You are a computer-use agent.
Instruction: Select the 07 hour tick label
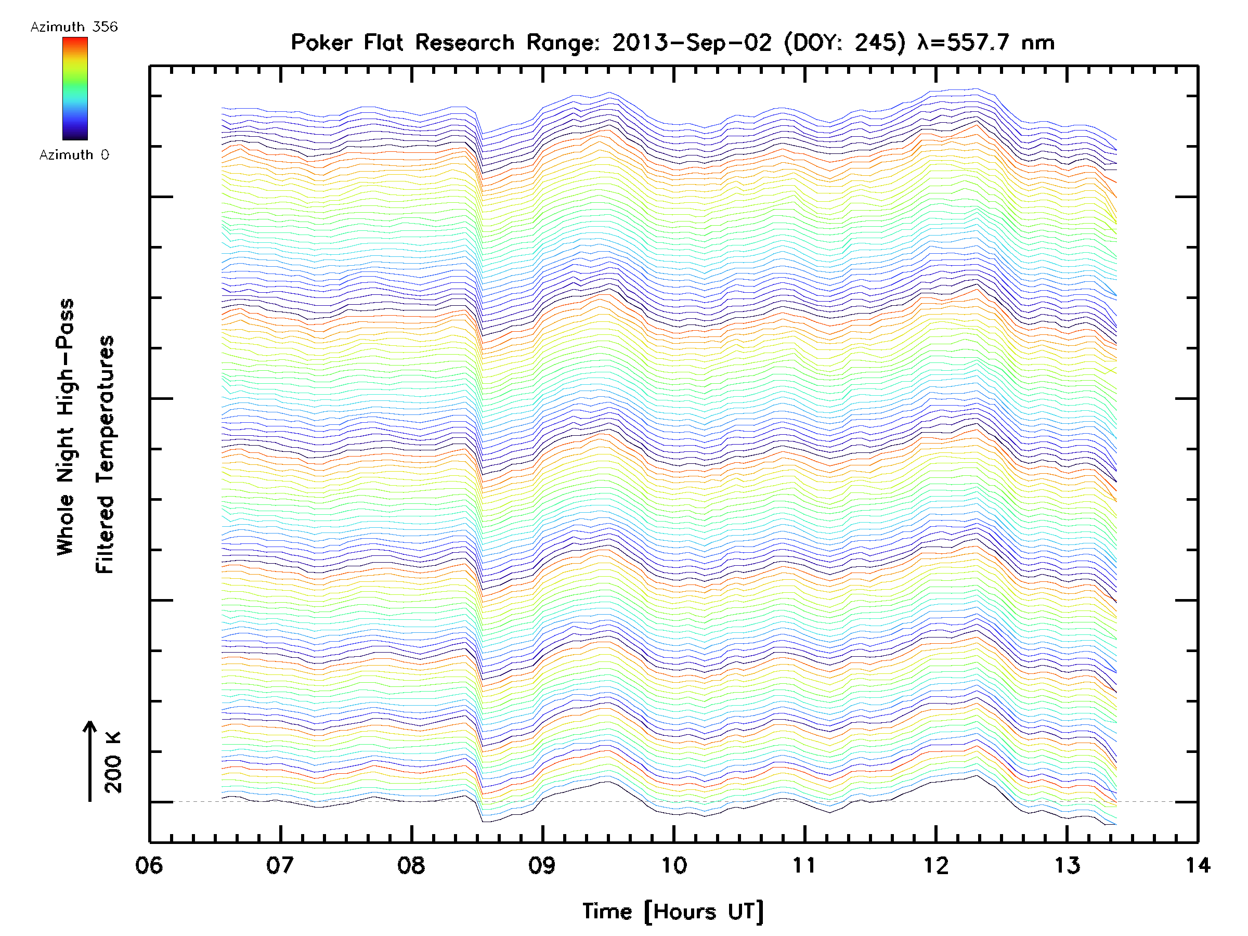coord(280,865)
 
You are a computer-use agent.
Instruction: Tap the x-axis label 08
coord(411,865)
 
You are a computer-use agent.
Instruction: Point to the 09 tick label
coord(542,865)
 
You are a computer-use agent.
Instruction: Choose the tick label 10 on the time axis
coord(673,865)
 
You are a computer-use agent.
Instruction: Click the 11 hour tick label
coord(804,865)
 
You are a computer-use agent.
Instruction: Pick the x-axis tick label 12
coord(936,865)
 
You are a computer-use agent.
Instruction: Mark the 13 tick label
coord(1067,865)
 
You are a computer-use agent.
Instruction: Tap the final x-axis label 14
coord(1198,865)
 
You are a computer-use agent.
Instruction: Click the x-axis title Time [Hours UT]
coord(672,912)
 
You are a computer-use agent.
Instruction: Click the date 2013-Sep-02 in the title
coord(691,43)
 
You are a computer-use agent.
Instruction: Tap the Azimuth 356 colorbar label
coord(74,27)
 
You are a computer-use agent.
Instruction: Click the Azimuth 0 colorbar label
coord(74,154)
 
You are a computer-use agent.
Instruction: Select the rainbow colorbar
coord(75,88)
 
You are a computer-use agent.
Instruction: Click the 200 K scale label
coord(113,762)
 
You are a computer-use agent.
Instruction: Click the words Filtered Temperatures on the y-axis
coord(105,454)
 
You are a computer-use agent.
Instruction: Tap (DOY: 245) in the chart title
coord(844,43)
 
